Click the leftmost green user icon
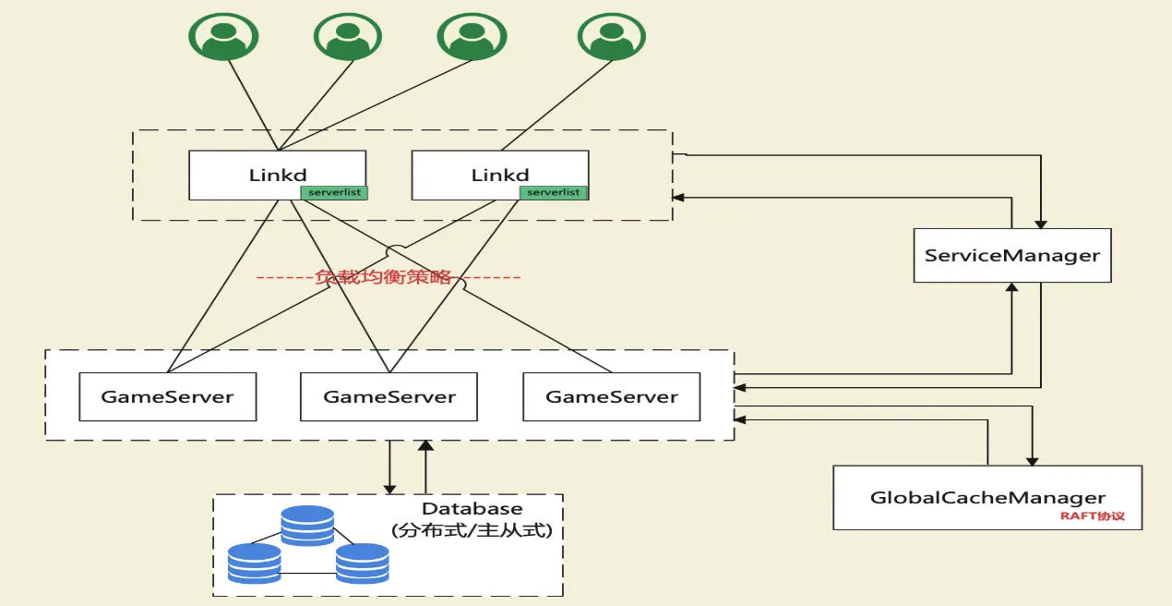[x=223, y=36]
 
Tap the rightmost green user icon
[x=611, y=36]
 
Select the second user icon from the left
[x=348, y=36]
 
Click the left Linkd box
[x=277, y=175]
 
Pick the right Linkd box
[x=499, y=175]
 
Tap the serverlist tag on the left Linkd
[x=333, y=192]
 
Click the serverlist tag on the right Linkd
[x=554, y=192]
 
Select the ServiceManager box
[x=1011, y=255]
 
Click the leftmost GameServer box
[x=167, y=397]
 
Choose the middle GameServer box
[x=389, y=397]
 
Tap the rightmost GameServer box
[x=611, y=397]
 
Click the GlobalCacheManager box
[x=987, y=497]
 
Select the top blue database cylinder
[x=307, y=525]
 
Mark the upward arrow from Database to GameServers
[x=425, y=467]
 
